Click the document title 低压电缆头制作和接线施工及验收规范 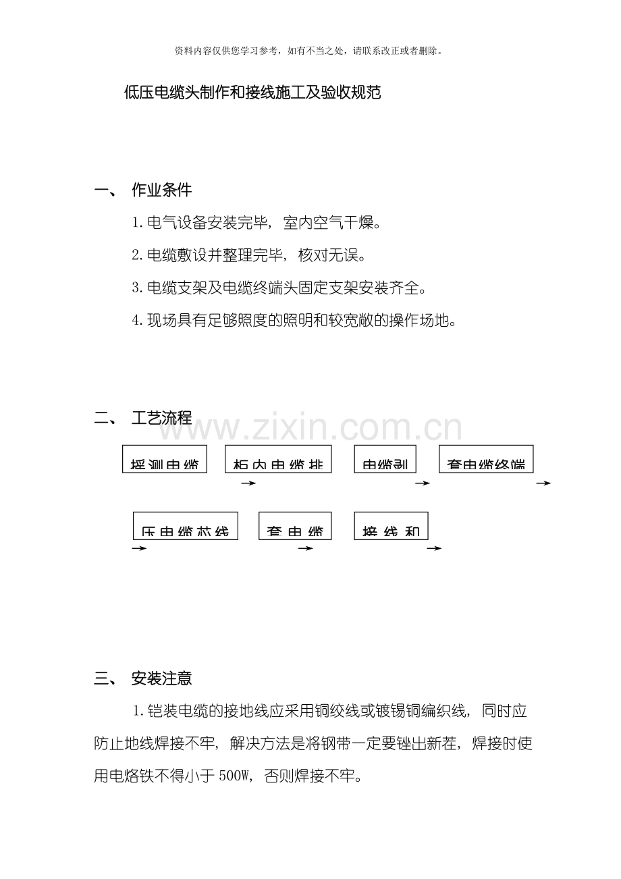(252, 92)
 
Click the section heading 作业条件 (161, 190)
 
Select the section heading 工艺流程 (161, 418)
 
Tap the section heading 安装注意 (161, 678)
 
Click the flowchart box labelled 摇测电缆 (164, 459)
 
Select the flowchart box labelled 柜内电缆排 (278, 459)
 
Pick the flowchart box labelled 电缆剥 (385, 459)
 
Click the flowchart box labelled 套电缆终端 (486, 459)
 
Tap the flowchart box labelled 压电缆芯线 (185, 526)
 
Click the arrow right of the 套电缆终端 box (543, 483)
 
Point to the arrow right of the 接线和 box (434, 548)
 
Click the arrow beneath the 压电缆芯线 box (139, 548)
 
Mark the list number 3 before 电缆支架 (136, 288)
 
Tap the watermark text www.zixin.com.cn (317, 428)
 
